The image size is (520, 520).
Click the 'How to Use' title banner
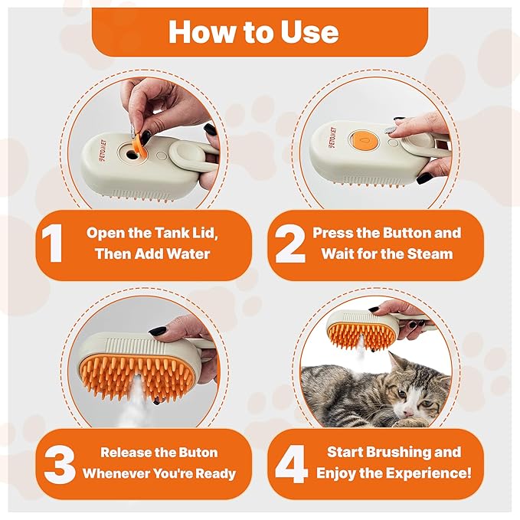(x=259, y=31)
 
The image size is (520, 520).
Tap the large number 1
(x=52, y=244)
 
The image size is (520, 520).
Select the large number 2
(x=289, y=244)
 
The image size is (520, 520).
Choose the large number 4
(x=290, y=463)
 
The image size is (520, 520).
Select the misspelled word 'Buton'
(x=192, y=452)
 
